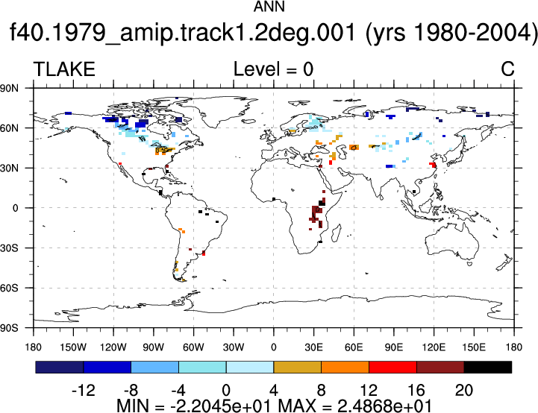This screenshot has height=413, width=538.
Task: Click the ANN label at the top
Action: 269,7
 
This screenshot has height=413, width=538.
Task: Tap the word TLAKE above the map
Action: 64,69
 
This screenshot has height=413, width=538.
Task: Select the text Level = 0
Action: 273,69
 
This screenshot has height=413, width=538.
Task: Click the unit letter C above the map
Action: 507,69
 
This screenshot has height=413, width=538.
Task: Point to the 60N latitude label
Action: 9,128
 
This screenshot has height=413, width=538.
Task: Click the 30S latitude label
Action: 9,248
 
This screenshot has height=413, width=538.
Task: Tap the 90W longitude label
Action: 154,347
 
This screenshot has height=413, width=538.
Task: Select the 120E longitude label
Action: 434,347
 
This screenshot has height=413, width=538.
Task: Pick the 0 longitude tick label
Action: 273,347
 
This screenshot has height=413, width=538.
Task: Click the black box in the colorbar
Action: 487,367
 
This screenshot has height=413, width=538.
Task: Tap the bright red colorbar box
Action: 392,367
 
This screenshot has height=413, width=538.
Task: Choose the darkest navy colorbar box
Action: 60,367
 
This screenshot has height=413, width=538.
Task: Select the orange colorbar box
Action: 345,367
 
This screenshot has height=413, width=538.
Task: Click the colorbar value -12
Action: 84,391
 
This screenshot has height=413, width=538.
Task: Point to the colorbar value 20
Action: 464,391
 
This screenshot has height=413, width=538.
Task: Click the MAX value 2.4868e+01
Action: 384,406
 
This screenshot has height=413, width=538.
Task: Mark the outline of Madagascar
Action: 337,233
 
